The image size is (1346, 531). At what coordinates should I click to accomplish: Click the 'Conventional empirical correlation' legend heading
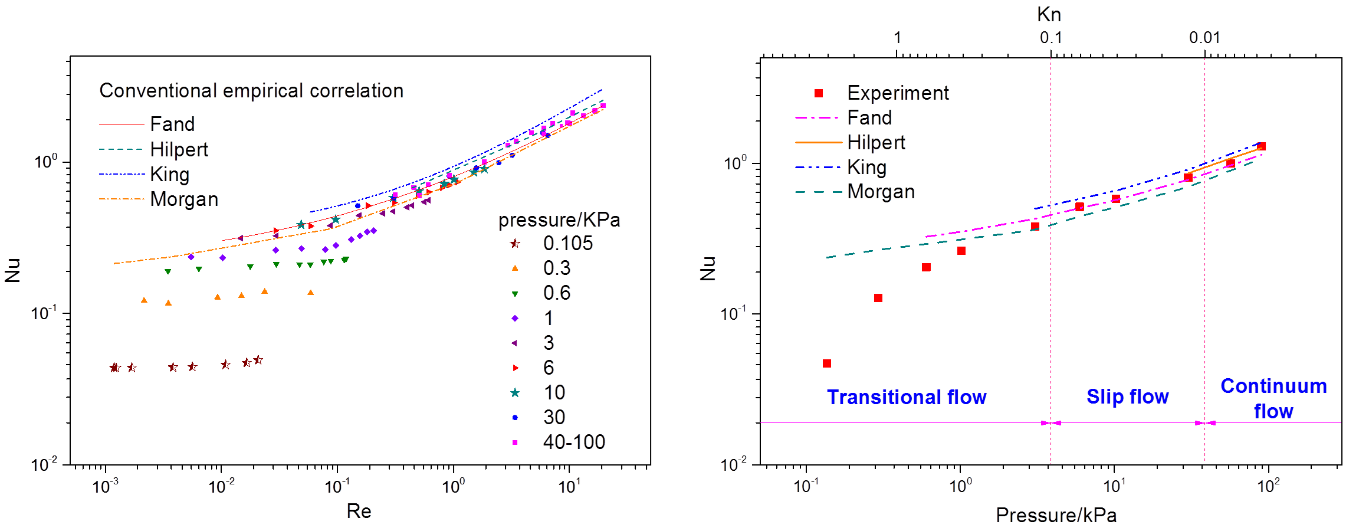(x=251, y=91)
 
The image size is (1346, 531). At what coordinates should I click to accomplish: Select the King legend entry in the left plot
(x=170, y=175)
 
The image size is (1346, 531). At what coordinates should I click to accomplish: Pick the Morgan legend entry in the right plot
(x=881, y=192)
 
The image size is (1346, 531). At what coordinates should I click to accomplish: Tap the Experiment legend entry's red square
(x=819, y=93)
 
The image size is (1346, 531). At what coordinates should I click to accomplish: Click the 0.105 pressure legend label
(x=568, y=243)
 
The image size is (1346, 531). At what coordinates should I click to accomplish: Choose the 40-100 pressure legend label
(x=574, y=442)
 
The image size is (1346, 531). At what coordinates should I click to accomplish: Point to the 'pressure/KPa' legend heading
(x=559, y=220)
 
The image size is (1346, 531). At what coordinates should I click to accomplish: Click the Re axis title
(x=359, y=511)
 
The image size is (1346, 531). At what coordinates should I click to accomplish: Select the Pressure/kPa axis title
(x=1056, y=515)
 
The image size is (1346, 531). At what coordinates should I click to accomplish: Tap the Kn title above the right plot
(x=1049, y=14)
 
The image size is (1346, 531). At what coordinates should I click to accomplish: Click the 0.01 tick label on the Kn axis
(x=1204, y=38)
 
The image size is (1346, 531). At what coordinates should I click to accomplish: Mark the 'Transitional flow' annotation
(x=907, y=397)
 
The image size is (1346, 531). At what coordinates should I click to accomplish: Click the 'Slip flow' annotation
(x=1128, y=396)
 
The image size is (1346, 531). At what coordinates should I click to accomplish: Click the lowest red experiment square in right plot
(x=827, y=363)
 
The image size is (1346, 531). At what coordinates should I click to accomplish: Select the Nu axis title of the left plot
(x=13, y=270)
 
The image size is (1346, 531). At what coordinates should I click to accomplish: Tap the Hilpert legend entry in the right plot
(x=876, y=143)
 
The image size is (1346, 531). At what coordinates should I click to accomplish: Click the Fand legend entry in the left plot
(x=172, y=124)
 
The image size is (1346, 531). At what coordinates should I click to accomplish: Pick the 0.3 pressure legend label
(x=557, y=268)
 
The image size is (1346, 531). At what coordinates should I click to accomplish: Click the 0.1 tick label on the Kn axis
(x=1050, y=38)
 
